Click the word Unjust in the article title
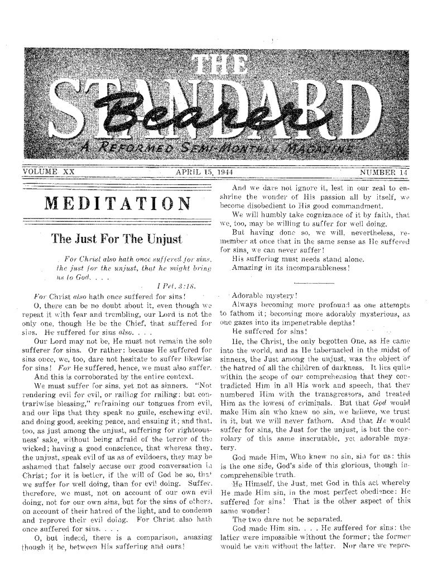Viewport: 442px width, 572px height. (158, 241)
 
